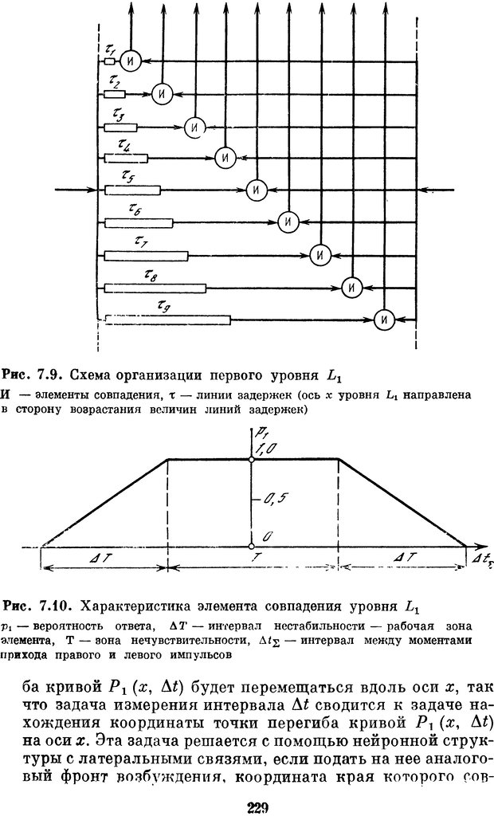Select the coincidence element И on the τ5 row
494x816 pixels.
pos(255,190)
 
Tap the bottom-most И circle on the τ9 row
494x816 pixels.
pos(384,320)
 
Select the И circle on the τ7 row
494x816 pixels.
pos(320,255)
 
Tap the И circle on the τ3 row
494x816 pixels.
pos(192,126)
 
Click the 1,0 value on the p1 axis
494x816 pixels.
pos(268,449)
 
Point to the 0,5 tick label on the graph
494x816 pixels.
pos(272,499)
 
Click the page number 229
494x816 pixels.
pos(257,808)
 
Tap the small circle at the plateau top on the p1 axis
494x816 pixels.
pos(251,459)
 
